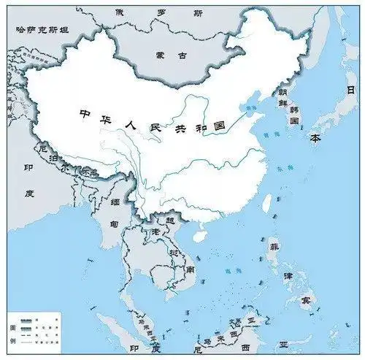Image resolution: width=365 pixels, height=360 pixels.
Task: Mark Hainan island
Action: click(x=199, y=236)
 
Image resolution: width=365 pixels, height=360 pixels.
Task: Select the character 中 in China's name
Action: click(x=85, y=115)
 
